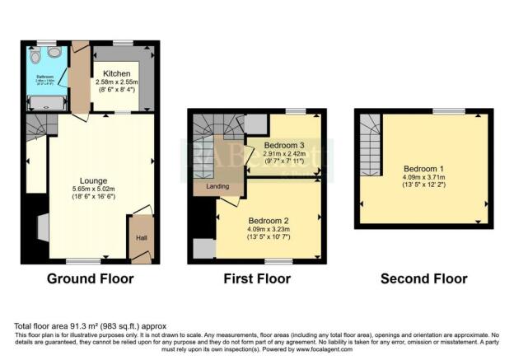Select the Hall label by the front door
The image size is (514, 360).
(140, 239)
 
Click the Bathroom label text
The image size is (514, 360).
(43, 76)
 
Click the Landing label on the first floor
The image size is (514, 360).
(217, 187)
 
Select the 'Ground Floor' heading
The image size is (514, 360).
(90, 278)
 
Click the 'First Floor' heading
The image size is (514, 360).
(257, 278)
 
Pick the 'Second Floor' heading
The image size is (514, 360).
(423, 278)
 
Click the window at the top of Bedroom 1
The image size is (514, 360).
(448, 110)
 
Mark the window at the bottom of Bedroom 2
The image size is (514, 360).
(279, 262)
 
